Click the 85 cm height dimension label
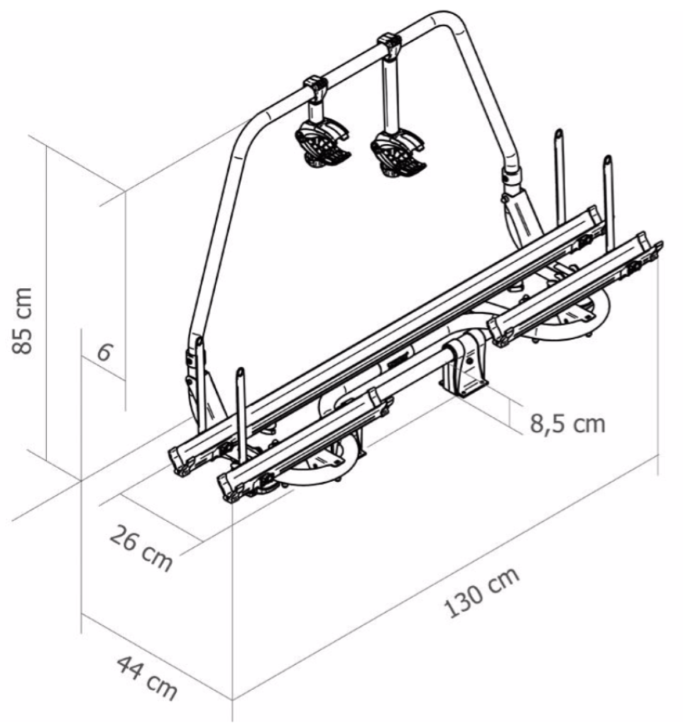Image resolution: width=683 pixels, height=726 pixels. click(22, 320)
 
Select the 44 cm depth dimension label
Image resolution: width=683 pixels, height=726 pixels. click(147, 677)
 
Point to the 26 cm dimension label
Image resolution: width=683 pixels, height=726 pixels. click(141, 547)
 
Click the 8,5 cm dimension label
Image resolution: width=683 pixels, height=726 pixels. click(568, 424)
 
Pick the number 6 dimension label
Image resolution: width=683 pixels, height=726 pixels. click(104, 353)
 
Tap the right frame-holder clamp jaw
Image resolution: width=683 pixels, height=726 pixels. click(398, 153)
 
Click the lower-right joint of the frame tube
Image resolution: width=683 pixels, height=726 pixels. click(513, 180)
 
